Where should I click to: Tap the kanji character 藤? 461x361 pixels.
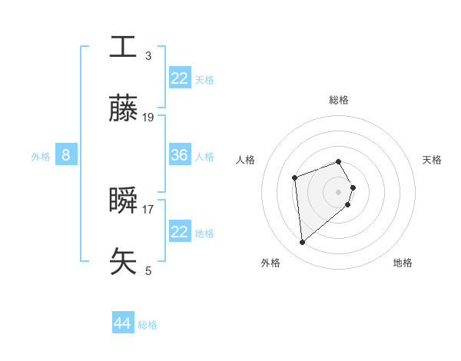tap(124, 109)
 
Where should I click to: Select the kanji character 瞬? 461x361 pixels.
tap(124, 200)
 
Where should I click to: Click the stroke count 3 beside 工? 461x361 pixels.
tap(148, 55)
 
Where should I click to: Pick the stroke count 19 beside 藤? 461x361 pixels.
tap(148, 118)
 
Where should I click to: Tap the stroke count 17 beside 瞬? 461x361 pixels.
tap(148, 208)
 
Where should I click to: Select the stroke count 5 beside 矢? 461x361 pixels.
tap(148, 270)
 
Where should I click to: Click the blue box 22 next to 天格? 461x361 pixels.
tap(180, 78)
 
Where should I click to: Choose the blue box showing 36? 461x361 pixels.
tap(180, 155)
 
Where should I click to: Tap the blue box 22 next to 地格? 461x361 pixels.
tap(180, 232)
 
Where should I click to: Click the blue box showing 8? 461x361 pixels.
tap(66, 155)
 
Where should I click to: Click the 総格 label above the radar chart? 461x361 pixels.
tap(339, 100)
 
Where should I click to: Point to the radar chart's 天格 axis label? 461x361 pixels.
tap(432, 160)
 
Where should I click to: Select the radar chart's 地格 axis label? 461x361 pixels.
tap(403, 263)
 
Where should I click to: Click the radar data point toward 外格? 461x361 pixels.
tap(303, 243)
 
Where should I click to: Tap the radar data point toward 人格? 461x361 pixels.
tap(294, 178)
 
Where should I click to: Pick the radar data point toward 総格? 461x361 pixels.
tap(339, 161)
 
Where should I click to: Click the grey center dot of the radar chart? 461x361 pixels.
tap(339, 191)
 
